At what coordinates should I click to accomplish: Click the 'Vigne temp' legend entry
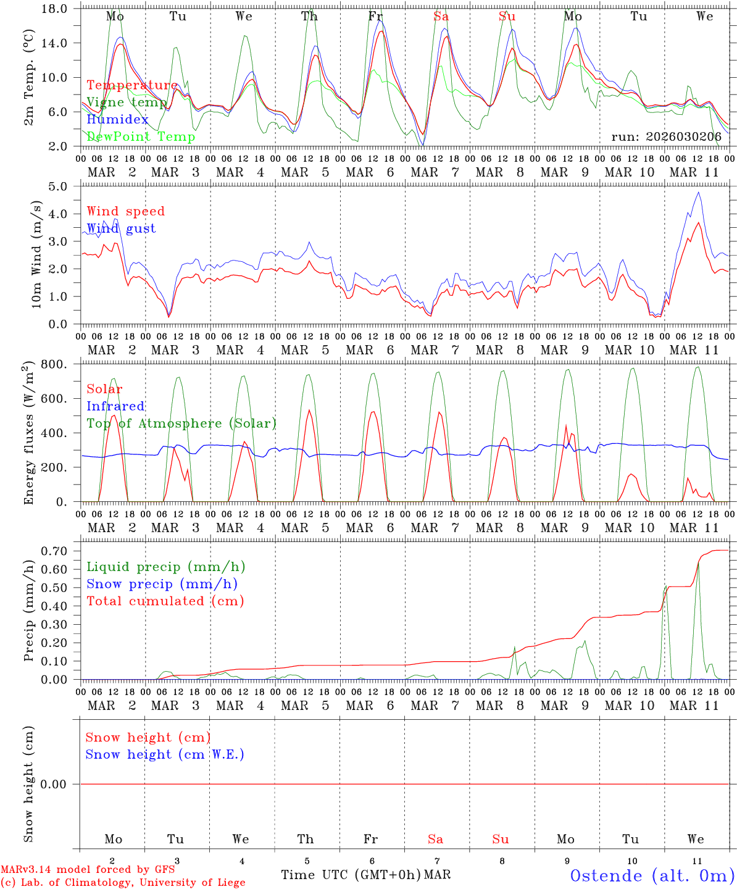coord(126,102)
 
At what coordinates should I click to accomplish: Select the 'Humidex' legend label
coord(117,120)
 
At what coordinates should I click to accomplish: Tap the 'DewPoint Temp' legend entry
coord(141,137)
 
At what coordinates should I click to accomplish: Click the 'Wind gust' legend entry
coord(121,228)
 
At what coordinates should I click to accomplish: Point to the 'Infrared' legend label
coord(115,406)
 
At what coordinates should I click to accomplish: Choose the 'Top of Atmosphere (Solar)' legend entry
coord(181,424)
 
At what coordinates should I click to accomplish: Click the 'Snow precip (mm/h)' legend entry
coord(162,584)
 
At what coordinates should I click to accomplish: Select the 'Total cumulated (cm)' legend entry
coord(165,601)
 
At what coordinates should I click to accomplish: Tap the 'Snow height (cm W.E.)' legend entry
coord(164,754)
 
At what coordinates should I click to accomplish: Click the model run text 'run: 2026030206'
coord(666,137)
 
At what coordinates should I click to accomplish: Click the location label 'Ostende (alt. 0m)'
coord(652,875)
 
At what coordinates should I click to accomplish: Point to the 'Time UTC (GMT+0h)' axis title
coord(351,875)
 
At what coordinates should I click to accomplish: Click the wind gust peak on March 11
coord(698,192)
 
